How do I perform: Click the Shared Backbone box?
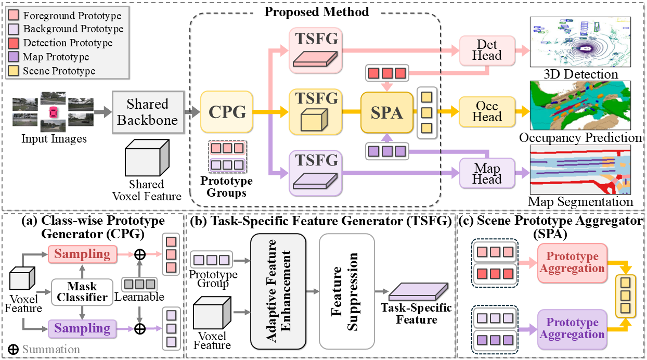[x=147, y=112]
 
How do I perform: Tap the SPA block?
[x=386, y=112]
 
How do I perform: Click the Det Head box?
[x=487, y=50]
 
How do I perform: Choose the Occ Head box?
[x=487, y=111]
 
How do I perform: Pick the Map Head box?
[x=487, y=174]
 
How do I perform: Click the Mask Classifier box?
[x=82, y=292]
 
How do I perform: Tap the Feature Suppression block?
[x=347, y=291]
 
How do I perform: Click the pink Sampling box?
[x=82, y=254]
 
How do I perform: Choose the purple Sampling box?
[x=82, y=328]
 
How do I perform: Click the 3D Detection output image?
[x=579, y=42]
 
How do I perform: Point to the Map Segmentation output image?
[x=580, y=170]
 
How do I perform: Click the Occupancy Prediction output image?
[x=580, y=106]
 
